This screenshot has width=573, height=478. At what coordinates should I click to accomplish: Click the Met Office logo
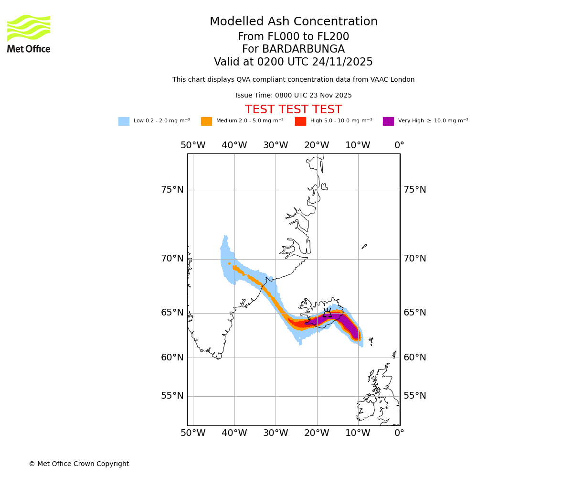click(x=29, y=33)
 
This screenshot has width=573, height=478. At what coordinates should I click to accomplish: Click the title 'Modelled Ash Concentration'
click(x=294, y=22)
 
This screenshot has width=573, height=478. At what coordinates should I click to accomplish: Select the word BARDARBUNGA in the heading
click(x=303, y=49)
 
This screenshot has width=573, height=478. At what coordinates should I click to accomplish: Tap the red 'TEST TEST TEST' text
click(x=293, y=109)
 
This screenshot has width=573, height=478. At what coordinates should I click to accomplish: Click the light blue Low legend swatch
click(x=124, y=121)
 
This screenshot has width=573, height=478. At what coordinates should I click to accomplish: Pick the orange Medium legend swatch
click(x=206, y=121)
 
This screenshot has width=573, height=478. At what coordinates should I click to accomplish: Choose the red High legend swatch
click(x=300, y=121)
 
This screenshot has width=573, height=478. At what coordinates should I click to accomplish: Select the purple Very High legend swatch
click(x=388, y=121)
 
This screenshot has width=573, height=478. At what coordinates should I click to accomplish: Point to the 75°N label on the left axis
click(x=172, y=190)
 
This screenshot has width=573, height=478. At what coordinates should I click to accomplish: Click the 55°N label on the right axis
click(x=415, y=396)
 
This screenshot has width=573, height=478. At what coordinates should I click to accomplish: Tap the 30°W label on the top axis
click(x=276, y=145)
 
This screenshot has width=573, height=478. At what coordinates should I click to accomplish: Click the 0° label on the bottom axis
click(x=399, y=433)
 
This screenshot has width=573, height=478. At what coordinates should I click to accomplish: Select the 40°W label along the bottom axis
click(x=234, y=433)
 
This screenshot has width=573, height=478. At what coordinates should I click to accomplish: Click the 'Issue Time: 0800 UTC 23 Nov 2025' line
click(x=293, y=96)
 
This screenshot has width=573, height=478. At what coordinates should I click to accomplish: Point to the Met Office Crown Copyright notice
click(x=79, y=464)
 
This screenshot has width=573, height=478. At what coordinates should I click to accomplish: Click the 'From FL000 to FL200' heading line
click(x=293, y=37)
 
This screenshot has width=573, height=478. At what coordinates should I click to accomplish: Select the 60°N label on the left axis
click(x=172, y=358)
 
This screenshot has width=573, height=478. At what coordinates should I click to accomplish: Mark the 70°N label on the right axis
click(x=415, y=259)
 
